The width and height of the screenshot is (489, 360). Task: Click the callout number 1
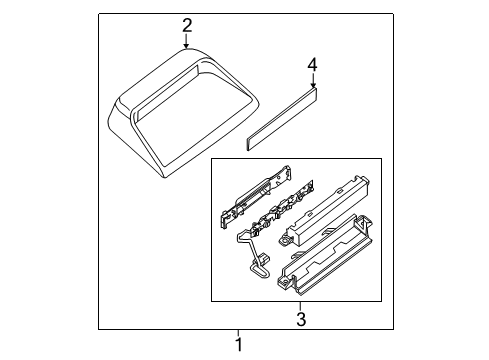coord(238,345)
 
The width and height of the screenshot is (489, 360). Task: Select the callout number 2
coord(187,26)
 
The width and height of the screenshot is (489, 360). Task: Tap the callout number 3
coord(301,319)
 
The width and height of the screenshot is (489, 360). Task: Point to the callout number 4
coord(312,65)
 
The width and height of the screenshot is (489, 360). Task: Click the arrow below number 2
coord(186,41)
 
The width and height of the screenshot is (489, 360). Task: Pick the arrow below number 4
coord(313,80)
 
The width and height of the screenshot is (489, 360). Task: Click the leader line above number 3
coord(301,306)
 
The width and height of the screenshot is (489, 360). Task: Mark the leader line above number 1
coord(238,333)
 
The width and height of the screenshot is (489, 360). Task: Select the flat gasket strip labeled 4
coord(282,119)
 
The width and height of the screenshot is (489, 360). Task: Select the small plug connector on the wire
coord(265,258)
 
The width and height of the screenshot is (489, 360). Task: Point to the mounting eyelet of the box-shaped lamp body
coord(284,240)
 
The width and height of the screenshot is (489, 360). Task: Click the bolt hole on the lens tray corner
coord(284,282)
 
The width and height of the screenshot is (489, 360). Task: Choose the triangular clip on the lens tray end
coord(364,223)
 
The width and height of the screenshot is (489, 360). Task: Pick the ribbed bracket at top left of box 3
coord(255,197)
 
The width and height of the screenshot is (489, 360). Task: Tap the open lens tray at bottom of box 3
coord(325,255)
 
